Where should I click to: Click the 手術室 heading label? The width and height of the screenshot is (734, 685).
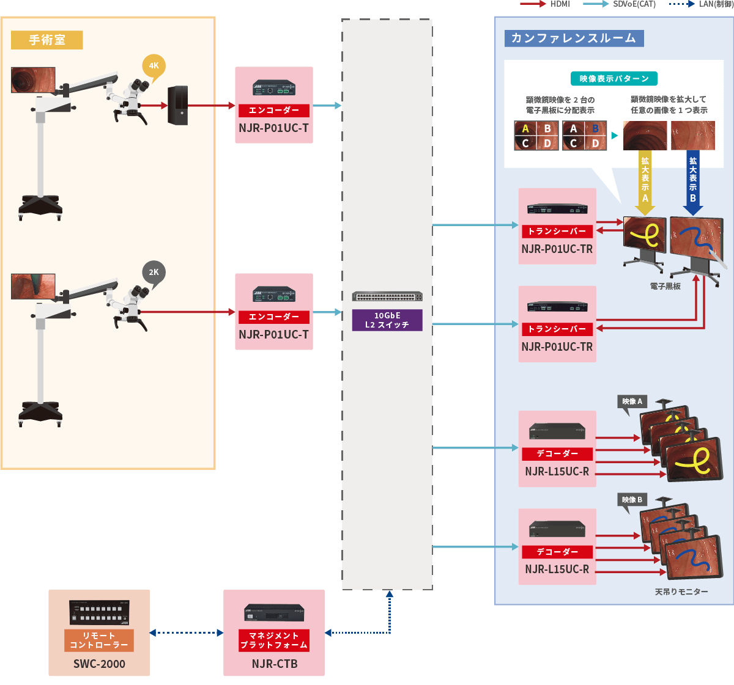(x=47, y=40)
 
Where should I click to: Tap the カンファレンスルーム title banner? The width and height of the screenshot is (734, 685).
(x=573, y=38)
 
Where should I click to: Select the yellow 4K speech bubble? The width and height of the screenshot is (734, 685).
(x=154, y=67)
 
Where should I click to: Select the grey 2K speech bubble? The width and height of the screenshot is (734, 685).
(x=154, y=273)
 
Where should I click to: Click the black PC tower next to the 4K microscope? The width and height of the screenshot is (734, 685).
(x=178, y=106)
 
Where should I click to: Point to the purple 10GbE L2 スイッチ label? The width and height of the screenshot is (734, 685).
(x=387, y=320)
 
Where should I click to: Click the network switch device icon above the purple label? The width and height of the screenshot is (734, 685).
(x=387, y=296)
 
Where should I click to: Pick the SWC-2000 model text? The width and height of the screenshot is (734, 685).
(x=99, y=664)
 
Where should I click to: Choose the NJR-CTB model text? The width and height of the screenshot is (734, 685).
(x=275, y=664)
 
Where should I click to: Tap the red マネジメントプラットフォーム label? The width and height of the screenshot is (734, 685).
(x=274, y=640)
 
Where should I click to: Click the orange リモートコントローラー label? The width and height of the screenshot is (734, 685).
(x=99, y=640)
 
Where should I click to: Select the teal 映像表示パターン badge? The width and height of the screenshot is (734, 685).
(x=614, y=79)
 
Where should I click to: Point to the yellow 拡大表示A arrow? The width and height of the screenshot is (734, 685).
(x=645, y=182)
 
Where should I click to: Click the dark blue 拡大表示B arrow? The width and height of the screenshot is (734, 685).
(x=692, y=182)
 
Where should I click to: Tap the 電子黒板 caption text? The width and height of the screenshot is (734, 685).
(x=665, y=286)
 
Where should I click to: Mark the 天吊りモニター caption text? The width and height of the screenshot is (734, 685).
(x=681, y=592)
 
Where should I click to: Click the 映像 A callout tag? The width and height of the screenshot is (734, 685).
(x=632, y=402)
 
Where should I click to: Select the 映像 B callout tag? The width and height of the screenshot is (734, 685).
(x=632, y=500)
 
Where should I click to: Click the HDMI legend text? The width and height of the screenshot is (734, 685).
(x=560, y=4)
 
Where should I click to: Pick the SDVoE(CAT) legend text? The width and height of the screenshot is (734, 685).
(x=634, y=4)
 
